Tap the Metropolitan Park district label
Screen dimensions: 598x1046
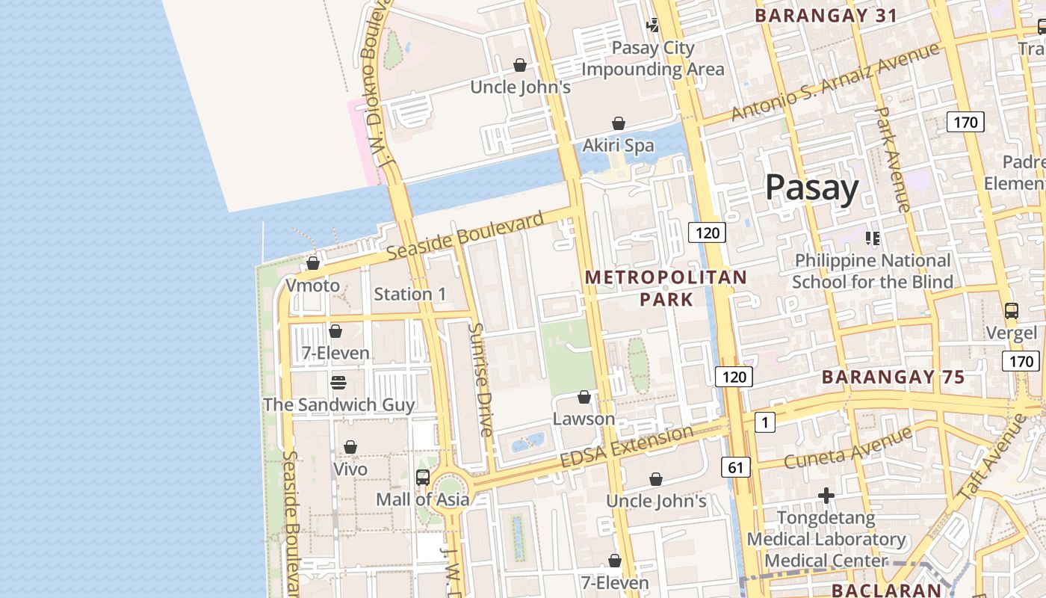pos(666,288)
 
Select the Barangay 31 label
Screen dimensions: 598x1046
pos(826,16)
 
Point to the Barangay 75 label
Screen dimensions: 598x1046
pos(893,377)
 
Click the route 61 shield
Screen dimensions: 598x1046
pos(736,468)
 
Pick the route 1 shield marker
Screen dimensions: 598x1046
pos(764,423)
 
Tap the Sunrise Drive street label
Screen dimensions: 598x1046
pos(480,380)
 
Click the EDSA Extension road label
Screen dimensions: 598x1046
pos(626,447)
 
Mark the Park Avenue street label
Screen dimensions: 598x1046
pos(891,159)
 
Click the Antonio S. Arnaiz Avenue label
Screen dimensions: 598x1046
pos(835,81)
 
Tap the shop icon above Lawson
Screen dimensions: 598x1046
pos(584,397)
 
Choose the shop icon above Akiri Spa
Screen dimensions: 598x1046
pos(619,123)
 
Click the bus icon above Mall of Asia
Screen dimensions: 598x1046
pos(423,477)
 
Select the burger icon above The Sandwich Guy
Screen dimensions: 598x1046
pos(338,383)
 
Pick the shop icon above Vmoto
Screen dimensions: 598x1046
pos(313,264)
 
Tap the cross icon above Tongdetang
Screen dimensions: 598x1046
pos(826,496)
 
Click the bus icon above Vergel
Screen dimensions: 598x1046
pos(1011,311)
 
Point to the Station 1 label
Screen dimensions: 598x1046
pos(409,295)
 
